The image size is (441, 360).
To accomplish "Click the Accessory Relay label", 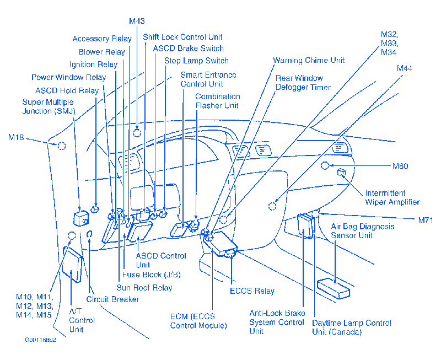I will [102, 39].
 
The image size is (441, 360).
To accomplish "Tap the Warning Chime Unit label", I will [309, 60].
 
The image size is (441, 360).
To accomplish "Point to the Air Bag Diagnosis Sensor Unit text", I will [362, 231].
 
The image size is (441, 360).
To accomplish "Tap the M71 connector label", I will [425, 220].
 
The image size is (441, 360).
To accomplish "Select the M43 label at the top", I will [137, 21].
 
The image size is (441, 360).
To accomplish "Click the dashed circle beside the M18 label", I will [62, 146].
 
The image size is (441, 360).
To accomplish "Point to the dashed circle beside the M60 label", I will [326, 165].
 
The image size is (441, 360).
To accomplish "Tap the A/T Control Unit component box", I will [72, 262].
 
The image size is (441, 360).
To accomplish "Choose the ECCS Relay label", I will [252, 291].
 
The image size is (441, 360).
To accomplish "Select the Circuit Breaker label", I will [112, 299].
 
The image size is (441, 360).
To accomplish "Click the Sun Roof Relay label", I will [144, 287].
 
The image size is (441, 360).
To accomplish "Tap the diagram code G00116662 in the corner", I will [40, 340].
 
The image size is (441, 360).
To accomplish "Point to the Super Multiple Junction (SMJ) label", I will [49, 107].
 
